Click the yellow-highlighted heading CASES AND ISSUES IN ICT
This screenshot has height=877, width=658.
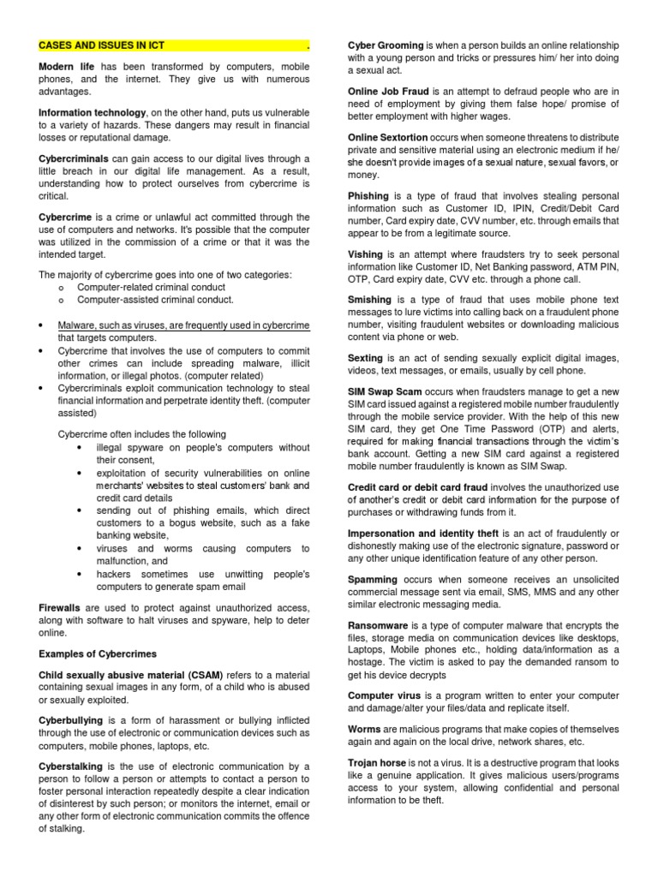point(102,45)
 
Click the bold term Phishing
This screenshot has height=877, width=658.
point(368,196)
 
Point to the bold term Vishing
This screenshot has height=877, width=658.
point(366,254)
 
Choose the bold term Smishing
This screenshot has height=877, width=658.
point(369,301)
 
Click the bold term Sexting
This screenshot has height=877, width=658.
point(366,358)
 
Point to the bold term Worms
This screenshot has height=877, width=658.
point(364,730)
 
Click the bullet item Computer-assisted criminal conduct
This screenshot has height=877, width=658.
point(155,300)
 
